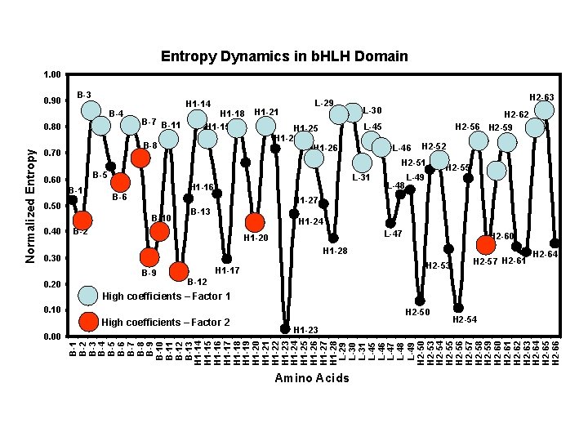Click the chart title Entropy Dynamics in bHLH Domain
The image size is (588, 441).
click(284, 56)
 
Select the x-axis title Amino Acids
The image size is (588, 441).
click(312, 378)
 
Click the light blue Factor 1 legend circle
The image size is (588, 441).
click(89, 296)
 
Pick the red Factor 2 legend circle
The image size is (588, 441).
click(89, 322)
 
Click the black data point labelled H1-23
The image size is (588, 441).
click(285, 328)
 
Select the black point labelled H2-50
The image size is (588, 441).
click(420, 301)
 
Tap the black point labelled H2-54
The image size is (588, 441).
click(458, 308)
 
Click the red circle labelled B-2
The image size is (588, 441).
click(82, 220)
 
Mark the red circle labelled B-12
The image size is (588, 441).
click(179, 271)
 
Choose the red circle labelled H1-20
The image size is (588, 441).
click(255, 223)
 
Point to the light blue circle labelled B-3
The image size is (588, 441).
click(91, 110)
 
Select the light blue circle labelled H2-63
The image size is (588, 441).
click(545, 110)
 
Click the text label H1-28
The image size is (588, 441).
click(335, 251)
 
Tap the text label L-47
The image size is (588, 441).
click(394, 234)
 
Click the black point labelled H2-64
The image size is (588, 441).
click(555, 243)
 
